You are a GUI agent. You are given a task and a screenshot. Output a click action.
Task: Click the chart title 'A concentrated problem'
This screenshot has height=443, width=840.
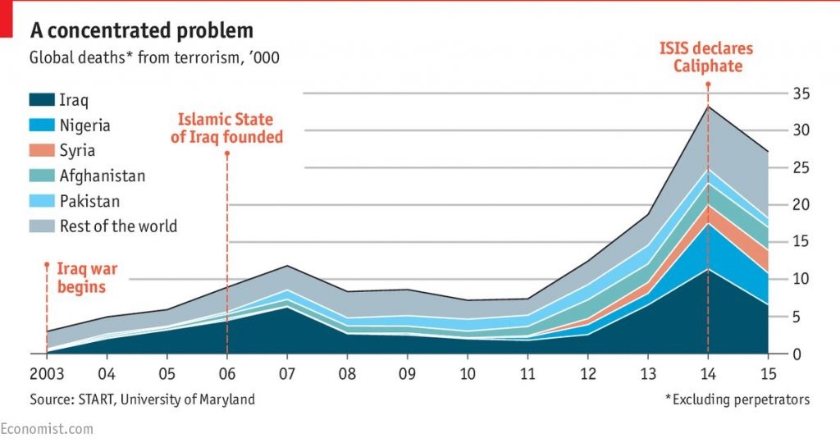141,31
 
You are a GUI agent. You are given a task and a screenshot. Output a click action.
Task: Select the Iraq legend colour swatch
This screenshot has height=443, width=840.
41,100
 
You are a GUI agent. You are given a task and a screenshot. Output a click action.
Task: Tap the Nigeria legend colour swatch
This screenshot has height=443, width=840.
41,126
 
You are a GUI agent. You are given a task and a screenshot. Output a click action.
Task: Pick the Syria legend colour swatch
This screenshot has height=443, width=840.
41,151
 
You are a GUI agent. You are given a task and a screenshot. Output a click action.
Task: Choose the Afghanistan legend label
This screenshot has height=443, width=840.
102,176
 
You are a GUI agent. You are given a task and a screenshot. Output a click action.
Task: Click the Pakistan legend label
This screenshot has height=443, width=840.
89,201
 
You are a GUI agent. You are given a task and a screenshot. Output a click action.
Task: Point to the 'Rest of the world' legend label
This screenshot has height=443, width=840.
118,226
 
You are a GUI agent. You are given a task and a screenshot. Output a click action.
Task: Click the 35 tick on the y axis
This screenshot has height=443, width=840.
801,94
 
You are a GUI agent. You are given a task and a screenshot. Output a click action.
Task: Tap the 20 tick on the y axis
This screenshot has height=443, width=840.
801,205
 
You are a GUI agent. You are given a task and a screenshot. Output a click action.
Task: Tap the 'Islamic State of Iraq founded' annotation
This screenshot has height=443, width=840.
226,129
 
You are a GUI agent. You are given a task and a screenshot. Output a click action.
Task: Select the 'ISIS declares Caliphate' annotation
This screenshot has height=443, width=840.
706,57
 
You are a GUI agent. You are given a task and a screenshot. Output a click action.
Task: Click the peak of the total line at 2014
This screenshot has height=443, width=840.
707,107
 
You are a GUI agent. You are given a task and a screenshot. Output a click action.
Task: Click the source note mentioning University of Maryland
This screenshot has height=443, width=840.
142,400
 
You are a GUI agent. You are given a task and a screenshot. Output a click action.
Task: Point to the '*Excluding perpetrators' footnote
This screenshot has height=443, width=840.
737,400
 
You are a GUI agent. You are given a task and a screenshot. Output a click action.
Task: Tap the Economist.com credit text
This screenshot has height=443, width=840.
47,429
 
